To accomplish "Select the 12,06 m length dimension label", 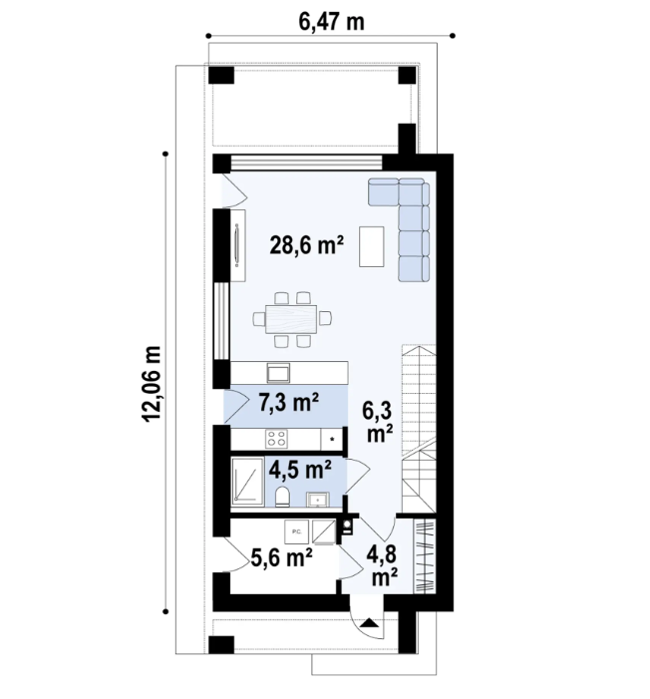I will (153, 385).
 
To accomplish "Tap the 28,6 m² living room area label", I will (308, 244).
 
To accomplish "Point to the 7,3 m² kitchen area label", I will (288, 403).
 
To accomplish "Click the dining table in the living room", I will (290, 319).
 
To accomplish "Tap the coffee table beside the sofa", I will (373, 246).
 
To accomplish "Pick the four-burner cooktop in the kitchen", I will (276, 438).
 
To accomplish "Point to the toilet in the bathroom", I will (283, 498).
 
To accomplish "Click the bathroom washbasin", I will (321, 497).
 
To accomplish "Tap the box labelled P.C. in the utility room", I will (296, 530).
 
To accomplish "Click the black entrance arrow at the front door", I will (370, 623).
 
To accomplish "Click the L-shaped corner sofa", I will (409, 221).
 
